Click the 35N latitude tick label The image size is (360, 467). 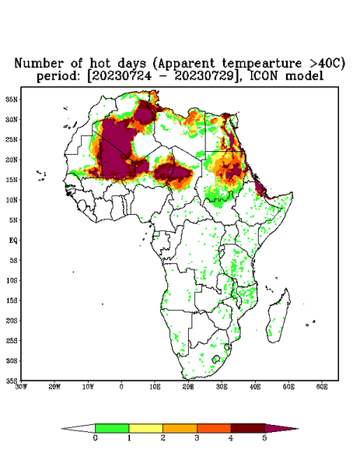click(12, 99)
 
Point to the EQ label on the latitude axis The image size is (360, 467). click(12, 240)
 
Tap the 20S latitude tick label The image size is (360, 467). click(12, 321)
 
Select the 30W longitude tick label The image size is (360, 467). click(21, 387)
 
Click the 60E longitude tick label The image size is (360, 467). click(322, 387)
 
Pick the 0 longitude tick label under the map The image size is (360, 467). click(121, 387)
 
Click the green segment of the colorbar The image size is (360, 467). click(112, 428)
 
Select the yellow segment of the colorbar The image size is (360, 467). click(145, 428)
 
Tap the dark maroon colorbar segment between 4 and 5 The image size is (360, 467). click(248, 428)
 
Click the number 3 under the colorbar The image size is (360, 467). click(197, 438)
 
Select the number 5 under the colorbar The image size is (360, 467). click(264, 438)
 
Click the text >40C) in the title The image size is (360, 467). click(324, 64)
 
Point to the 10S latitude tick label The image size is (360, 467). click(12, 280)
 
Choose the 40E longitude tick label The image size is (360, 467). click(255, 387)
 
